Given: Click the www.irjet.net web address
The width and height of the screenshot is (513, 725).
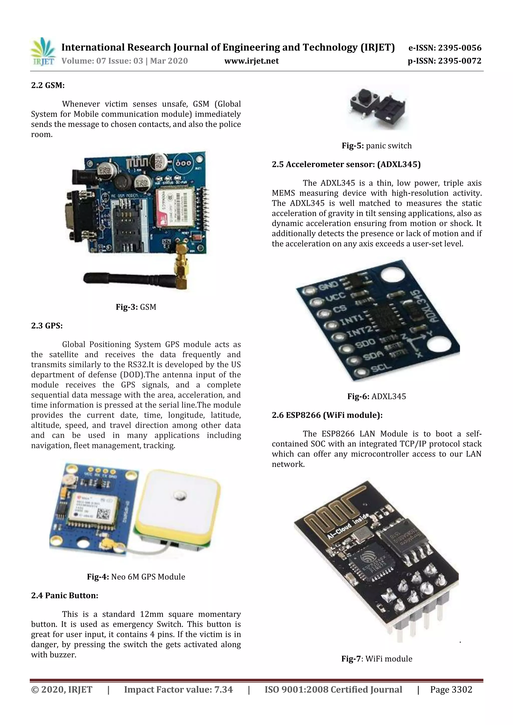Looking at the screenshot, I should coord(251,61).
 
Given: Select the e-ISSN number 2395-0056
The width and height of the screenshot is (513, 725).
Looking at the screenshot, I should coord(445,48).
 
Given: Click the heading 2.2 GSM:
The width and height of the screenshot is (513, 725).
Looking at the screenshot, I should coord(48,85).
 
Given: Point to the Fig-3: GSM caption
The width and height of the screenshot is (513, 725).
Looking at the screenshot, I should coord(136,307).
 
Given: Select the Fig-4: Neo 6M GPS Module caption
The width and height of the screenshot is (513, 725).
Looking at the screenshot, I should coord(136,577).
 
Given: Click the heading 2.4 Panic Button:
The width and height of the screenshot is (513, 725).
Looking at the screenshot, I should coord(64,596).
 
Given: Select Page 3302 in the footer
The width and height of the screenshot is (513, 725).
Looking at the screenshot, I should coord(451,690).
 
